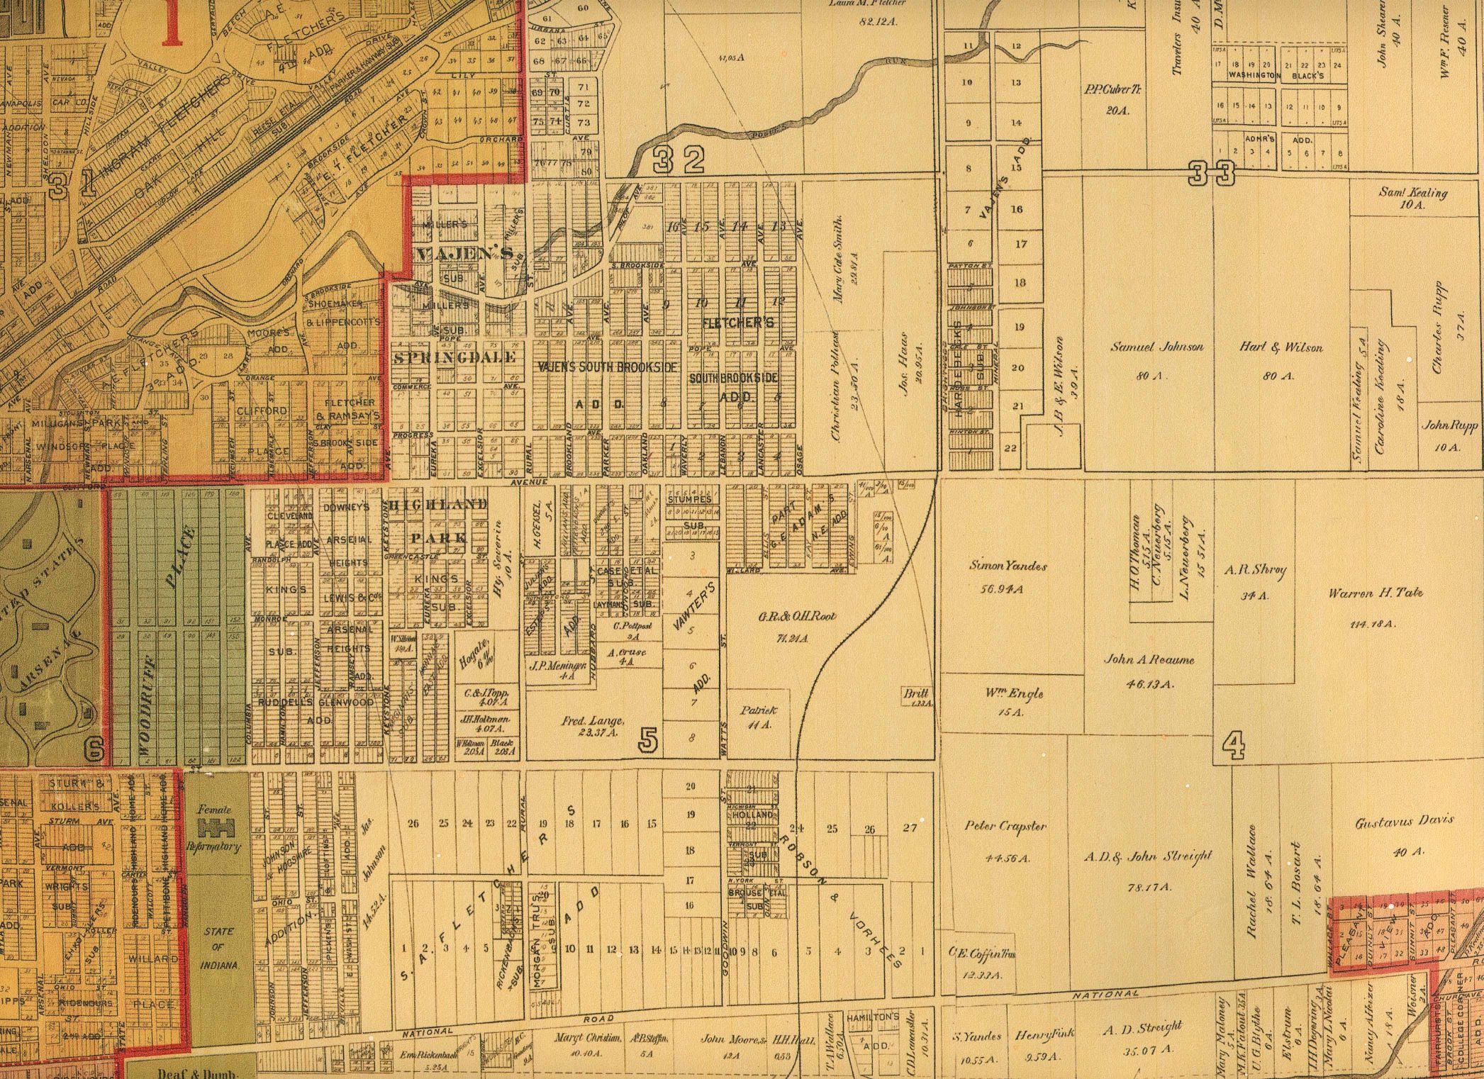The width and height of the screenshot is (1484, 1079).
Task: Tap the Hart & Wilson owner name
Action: point(1281,347)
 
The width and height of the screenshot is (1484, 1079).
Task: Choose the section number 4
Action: point(1233,746)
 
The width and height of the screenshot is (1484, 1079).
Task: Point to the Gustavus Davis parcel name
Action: point(1404,821)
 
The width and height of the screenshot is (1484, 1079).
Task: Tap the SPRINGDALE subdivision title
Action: point(454,357)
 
